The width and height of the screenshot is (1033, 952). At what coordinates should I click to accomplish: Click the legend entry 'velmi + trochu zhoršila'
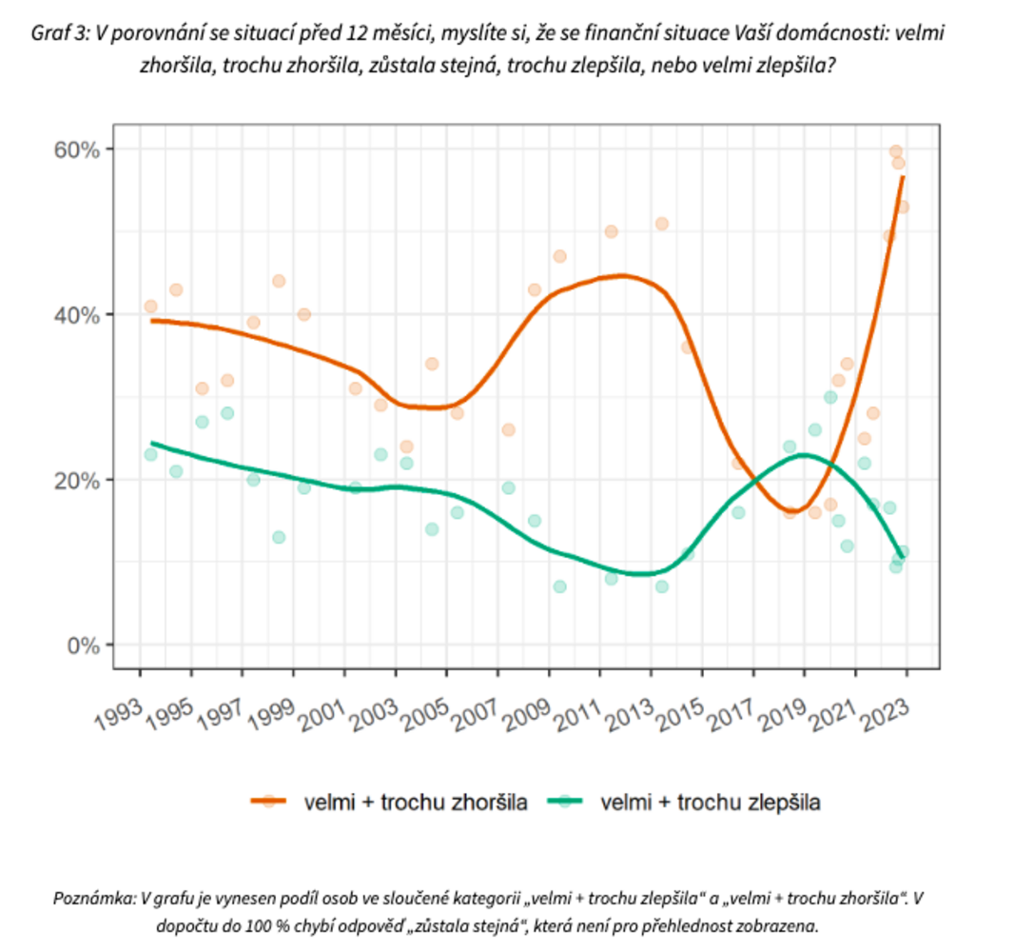pos(416,802)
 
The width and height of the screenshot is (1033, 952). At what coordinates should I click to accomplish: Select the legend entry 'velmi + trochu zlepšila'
pos(711,802)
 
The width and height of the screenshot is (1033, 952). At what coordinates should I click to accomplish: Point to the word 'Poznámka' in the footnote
pos(94,898)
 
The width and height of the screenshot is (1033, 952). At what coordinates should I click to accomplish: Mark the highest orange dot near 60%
pos(895,151)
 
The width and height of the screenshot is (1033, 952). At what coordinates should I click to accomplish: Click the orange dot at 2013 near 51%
pos(662,224)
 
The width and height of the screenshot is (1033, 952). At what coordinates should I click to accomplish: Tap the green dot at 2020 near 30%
pos(829,397)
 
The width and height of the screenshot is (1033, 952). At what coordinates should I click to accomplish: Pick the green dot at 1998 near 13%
pos(279,537)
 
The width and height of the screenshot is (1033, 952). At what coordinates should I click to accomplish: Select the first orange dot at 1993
pos(150,307)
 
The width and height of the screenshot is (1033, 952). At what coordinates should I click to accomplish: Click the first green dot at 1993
pos(150,454)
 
